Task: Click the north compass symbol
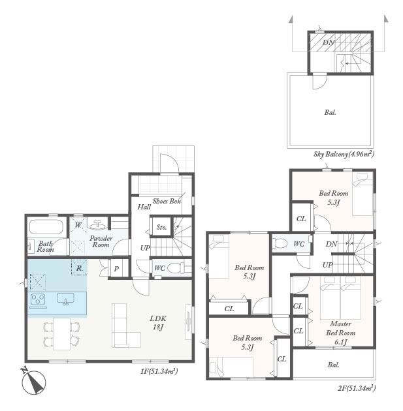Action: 33,381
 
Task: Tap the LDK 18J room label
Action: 158,323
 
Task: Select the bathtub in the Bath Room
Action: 46,226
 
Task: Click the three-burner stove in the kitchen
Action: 38,300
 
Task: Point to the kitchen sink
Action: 65,299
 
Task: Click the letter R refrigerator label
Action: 79,268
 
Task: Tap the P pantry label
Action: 116,269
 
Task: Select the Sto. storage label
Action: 161,227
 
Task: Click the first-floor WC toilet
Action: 176,268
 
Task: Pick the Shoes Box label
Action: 167,202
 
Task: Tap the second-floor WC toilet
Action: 280,243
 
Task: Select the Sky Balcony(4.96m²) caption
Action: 344,153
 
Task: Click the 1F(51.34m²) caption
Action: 159,371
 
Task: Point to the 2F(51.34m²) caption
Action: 357,388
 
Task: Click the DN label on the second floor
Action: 331,244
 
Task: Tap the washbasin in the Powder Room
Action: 97,225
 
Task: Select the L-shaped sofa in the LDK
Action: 126,326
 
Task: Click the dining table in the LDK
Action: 62,334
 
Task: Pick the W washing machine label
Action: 78,225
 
